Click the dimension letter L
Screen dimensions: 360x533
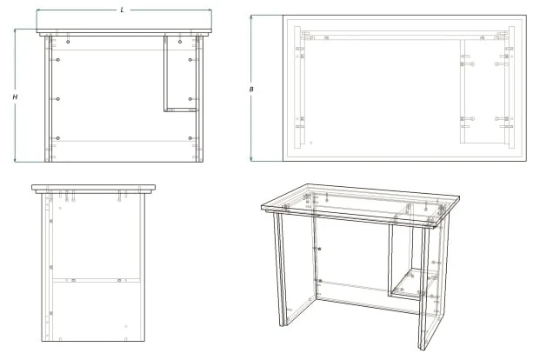121,10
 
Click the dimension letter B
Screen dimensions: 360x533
251,89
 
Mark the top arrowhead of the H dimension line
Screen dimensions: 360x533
16,31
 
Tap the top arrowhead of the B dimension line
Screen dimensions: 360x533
251,17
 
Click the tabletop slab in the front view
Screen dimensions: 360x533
122,32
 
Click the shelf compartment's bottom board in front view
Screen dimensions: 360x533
180,110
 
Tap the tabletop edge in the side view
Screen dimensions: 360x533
94,188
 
